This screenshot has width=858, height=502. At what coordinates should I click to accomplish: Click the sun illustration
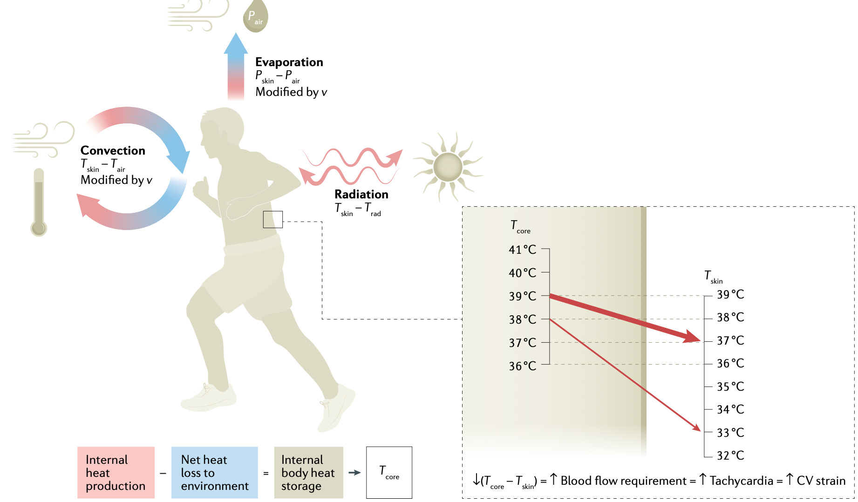point(448,167)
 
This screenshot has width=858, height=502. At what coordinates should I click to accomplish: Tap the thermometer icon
point(39,203)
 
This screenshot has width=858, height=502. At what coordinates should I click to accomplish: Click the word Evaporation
point(289,62)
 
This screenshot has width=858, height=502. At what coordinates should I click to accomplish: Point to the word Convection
point(113,150)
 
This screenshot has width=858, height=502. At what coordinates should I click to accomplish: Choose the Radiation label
point(361,194)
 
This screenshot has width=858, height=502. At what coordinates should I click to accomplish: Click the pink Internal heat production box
point(116,472)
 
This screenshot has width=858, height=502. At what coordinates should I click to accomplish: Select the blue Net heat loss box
point(214,472)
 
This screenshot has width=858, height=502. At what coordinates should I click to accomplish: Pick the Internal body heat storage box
point(308,472)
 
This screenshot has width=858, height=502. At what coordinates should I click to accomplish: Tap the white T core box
point(389,472)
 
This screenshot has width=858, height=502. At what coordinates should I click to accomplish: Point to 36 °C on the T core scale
point(523,366)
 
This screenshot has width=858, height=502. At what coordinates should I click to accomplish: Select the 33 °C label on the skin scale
point(730,433)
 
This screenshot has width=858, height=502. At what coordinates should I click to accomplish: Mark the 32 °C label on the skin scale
point(730,455)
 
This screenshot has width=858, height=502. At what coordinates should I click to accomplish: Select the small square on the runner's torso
point(272,219)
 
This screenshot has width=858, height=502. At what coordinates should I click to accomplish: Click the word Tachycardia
point(741,481)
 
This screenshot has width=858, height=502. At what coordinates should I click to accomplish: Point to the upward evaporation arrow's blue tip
point(236,44)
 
